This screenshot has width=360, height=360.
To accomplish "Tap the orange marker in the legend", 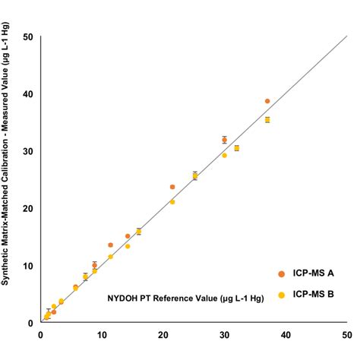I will (280, 273).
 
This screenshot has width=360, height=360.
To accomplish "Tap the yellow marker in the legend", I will (280, 295).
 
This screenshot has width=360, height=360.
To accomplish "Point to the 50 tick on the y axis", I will (27, 36).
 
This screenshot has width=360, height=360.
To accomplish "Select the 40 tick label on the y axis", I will (27, 93).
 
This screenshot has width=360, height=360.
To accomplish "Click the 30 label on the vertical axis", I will (27, 151).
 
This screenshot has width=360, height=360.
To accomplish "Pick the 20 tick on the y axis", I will (27, 208).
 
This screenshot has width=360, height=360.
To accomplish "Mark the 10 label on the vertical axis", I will (27, 265).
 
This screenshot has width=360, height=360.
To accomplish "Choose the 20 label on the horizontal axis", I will (163, 333).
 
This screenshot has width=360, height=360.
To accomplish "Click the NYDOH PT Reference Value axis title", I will (185, 299).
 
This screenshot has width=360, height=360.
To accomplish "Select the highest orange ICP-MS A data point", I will (267, 101).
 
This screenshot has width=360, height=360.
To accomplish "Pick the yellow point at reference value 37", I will (267, 120).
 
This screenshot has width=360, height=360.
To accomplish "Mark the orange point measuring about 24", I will (172, 187).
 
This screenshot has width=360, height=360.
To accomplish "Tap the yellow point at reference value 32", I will (237, 148).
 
